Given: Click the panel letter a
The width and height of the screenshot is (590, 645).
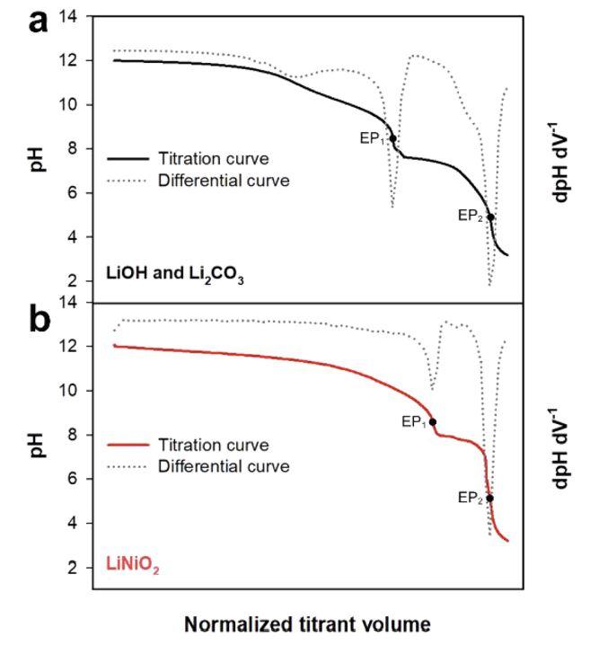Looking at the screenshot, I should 38,22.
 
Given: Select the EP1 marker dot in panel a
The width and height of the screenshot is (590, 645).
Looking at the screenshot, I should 393,138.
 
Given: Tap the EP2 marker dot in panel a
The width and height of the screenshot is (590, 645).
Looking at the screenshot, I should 490,216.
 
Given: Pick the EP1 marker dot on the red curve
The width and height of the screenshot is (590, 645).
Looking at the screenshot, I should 433,421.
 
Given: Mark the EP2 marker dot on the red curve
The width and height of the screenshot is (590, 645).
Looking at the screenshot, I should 489,498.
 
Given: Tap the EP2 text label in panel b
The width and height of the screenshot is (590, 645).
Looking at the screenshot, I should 470,496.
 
